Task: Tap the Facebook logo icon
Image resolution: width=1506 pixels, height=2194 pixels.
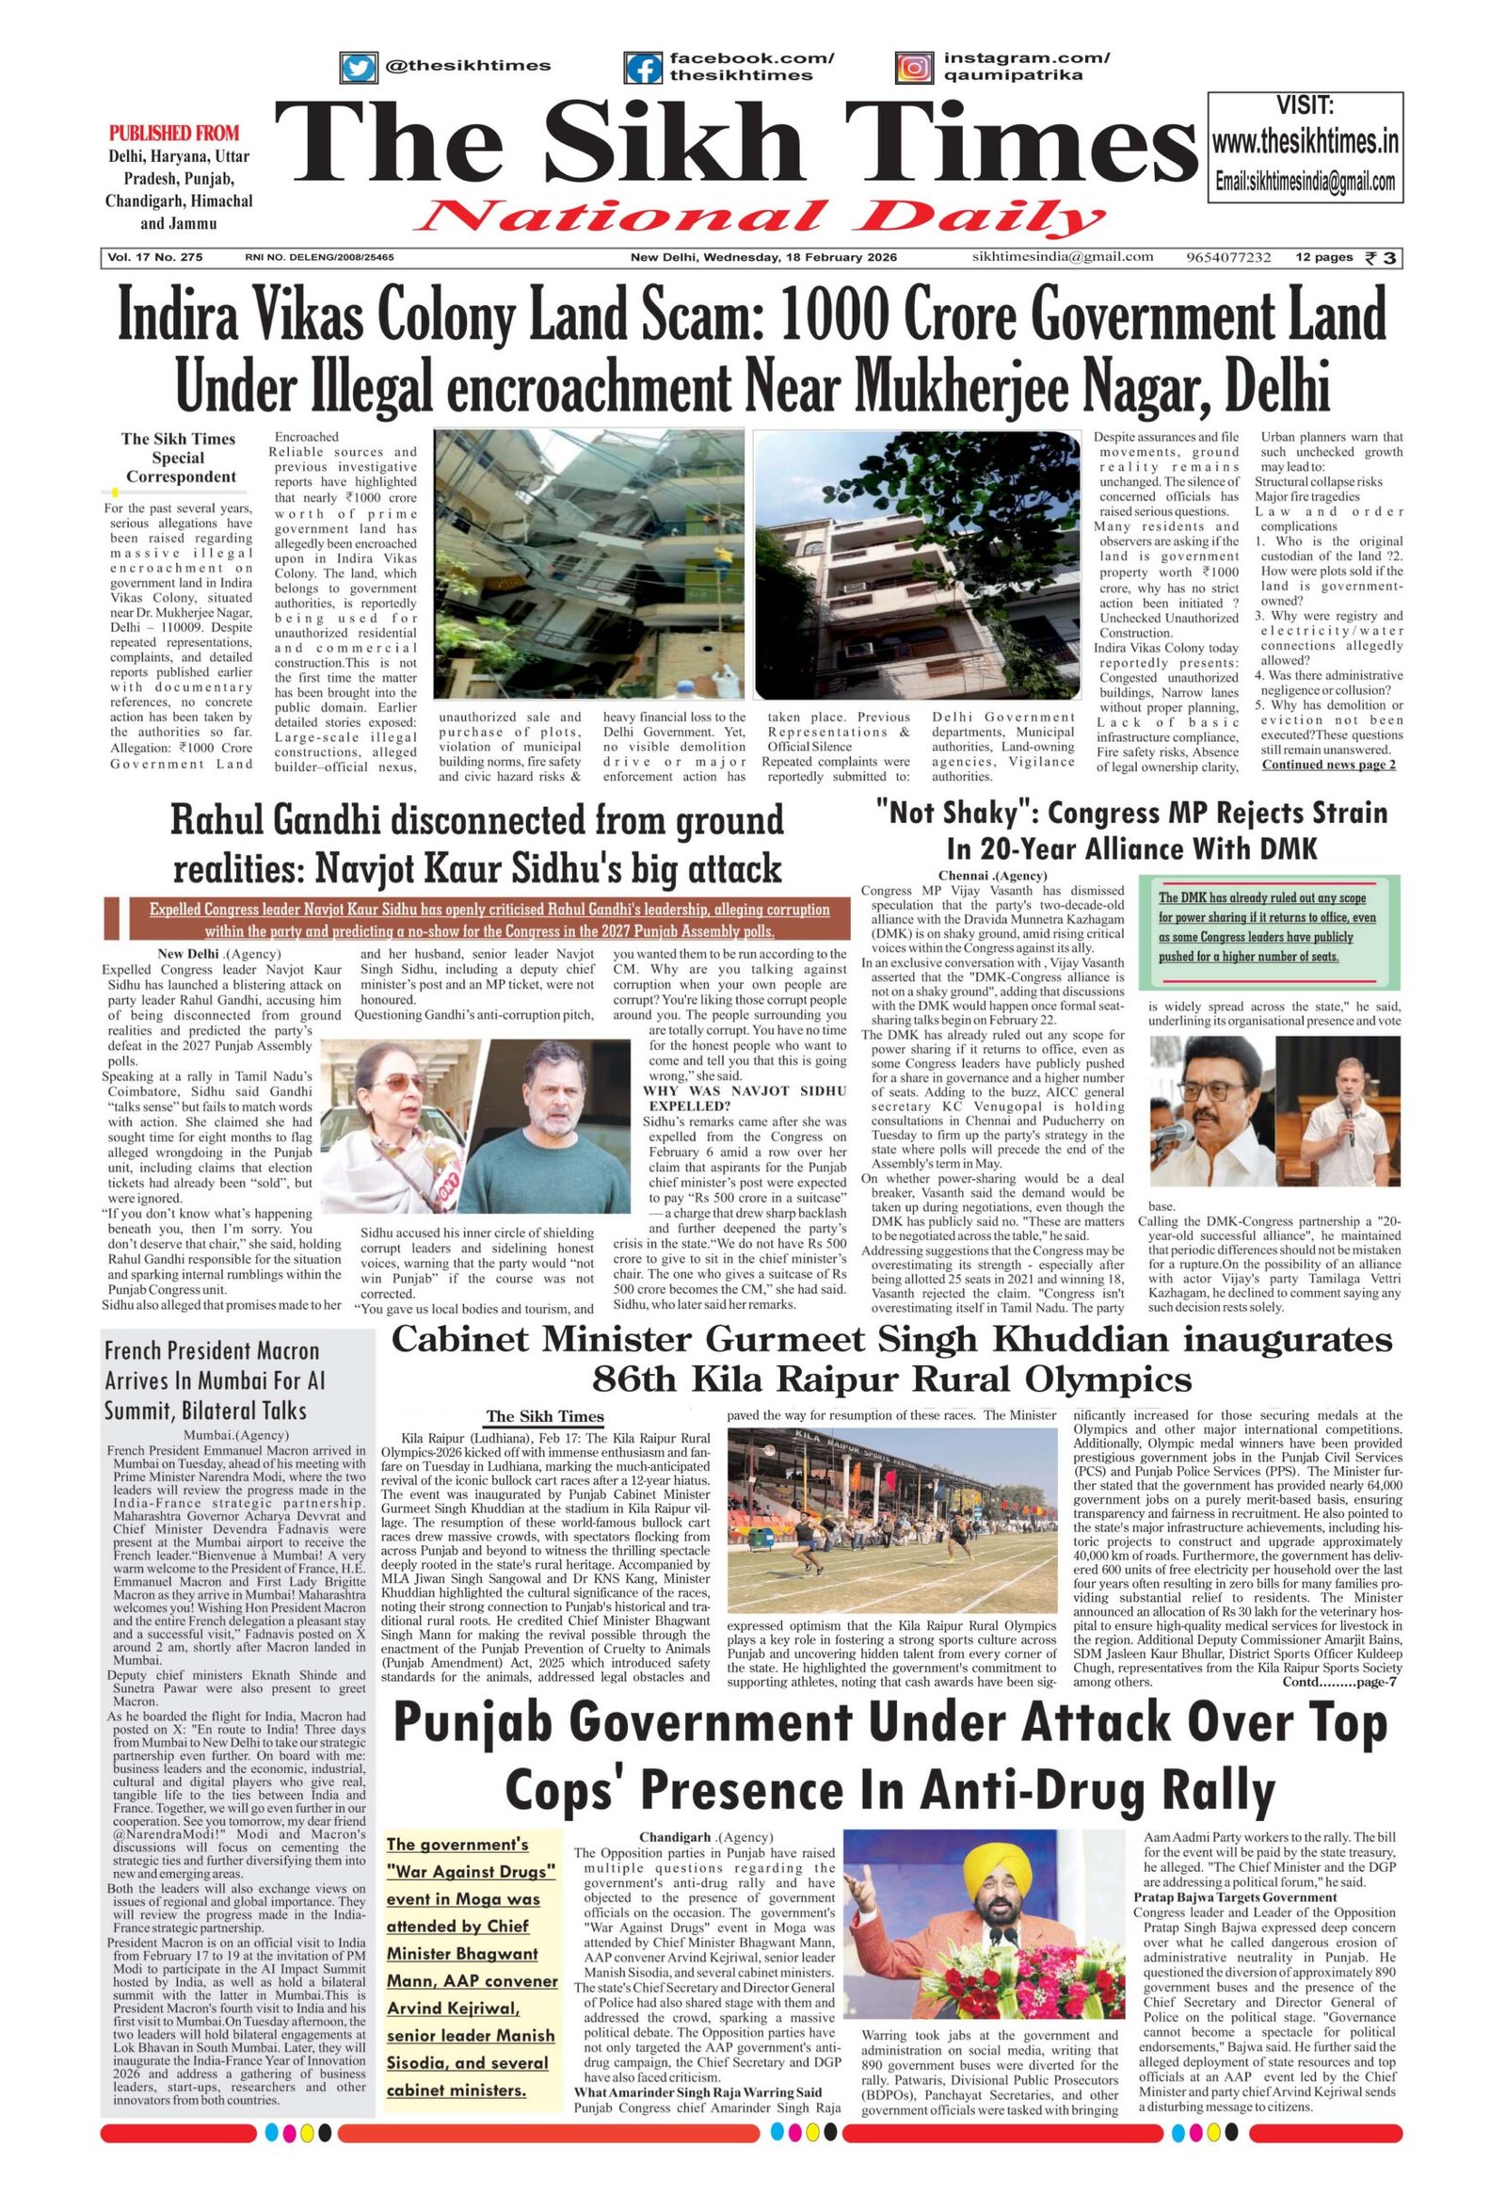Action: (x=644, y=68)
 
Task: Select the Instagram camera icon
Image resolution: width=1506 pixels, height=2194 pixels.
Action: (x=914, y=68)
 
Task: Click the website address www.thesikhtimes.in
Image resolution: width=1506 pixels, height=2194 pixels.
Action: (x=1305, y=143)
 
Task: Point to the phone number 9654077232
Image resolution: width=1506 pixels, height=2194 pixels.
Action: (x=1227, y=258)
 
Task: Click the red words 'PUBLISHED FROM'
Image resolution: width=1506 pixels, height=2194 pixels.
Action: (x=174, y=133)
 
